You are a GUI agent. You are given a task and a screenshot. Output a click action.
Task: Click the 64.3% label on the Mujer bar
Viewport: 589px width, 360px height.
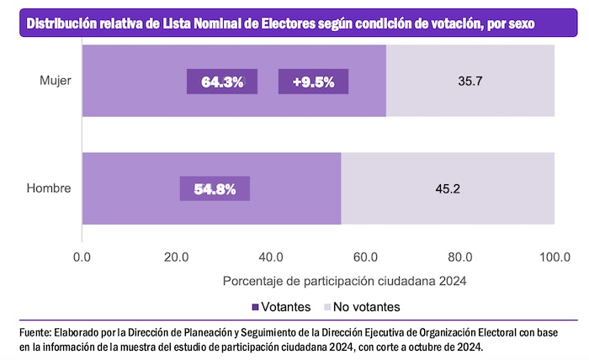(x=222, y=82)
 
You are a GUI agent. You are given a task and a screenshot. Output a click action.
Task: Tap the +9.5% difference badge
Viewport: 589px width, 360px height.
(x=313, y=82)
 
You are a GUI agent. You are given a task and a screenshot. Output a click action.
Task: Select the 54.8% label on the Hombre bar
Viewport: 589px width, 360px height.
(x=215, y=188)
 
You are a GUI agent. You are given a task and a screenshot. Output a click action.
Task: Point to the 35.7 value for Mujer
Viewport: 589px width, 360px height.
(x=470, y=82)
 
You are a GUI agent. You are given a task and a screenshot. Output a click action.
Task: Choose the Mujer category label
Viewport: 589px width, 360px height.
(x=54, y=82)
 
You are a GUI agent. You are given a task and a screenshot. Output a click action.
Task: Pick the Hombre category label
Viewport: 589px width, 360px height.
(x=50, y=188)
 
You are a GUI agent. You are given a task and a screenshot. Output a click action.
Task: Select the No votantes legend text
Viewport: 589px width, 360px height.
(x=367, y=307)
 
